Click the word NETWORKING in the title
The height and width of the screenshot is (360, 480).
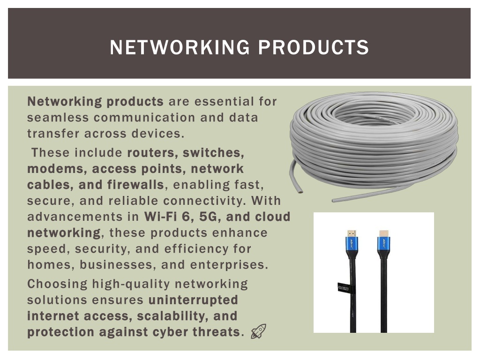180,47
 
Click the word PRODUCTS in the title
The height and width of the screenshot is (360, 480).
314,47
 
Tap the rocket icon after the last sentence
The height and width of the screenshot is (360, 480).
259,331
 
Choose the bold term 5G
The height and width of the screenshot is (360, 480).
208,217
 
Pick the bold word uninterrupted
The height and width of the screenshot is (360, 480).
193,300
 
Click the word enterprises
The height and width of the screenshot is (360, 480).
229,265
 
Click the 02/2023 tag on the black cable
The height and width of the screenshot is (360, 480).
343,288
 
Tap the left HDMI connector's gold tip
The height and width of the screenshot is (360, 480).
352,233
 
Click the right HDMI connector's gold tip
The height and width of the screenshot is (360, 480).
384,233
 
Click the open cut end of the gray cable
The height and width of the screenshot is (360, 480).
299,192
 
